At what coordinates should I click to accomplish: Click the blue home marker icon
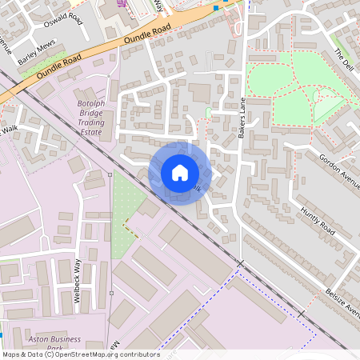click(180, 173)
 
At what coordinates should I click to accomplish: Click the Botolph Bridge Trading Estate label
click(90, 119)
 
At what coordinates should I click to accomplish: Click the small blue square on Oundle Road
click(216, 8)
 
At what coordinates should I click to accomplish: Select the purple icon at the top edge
click(122, 3)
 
